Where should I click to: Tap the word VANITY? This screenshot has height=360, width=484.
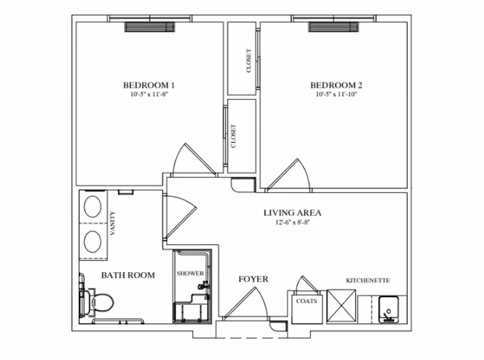pos(113,225)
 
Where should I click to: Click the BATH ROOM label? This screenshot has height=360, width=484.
pos(128,275)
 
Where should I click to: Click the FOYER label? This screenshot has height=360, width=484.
pos(253,279)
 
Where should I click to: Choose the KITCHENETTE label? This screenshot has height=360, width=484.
pos(368,281)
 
